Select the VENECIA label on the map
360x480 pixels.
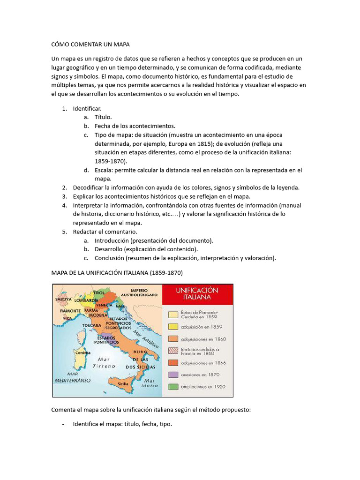pos(105,305)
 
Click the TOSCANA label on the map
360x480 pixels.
pos(91,325)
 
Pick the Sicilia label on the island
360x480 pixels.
pos(123,383)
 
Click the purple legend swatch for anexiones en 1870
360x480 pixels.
pos(173,375)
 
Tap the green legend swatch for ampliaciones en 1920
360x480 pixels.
pos(173,387)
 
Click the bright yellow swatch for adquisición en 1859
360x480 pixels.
pos(173,326)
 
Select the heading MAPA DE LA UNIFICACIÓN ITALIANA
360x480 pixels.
pos(117,272)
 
